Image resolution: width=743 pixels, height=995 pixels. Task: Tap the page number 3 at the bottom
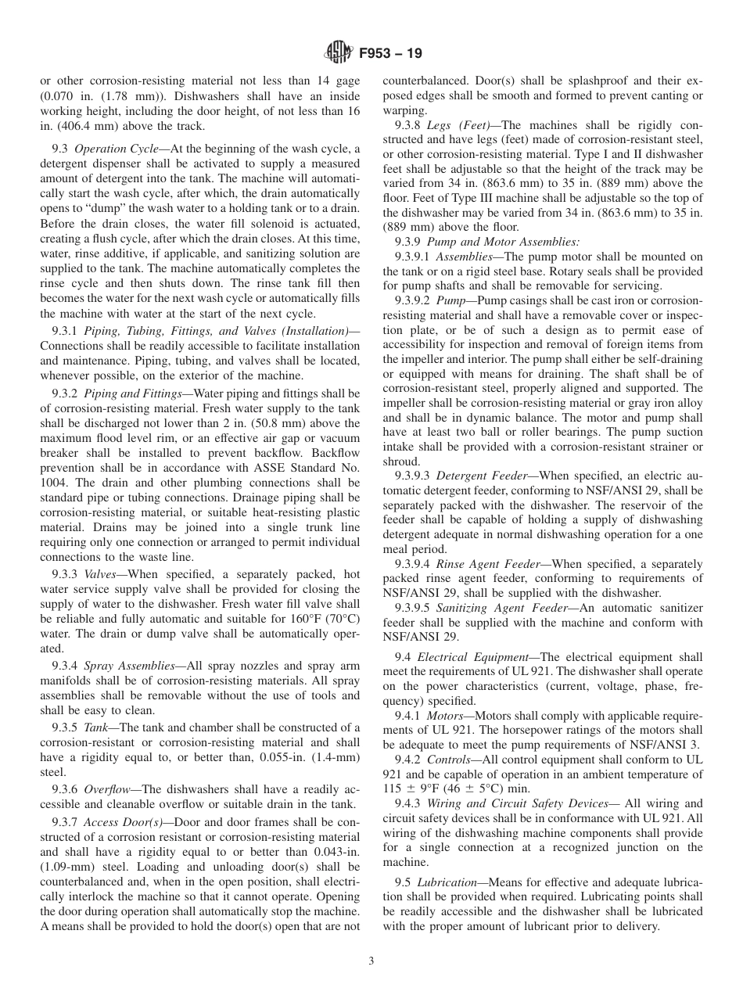coord(371,961)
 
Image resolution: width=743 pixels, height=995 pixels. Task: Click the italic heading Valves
coord(101,573)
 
